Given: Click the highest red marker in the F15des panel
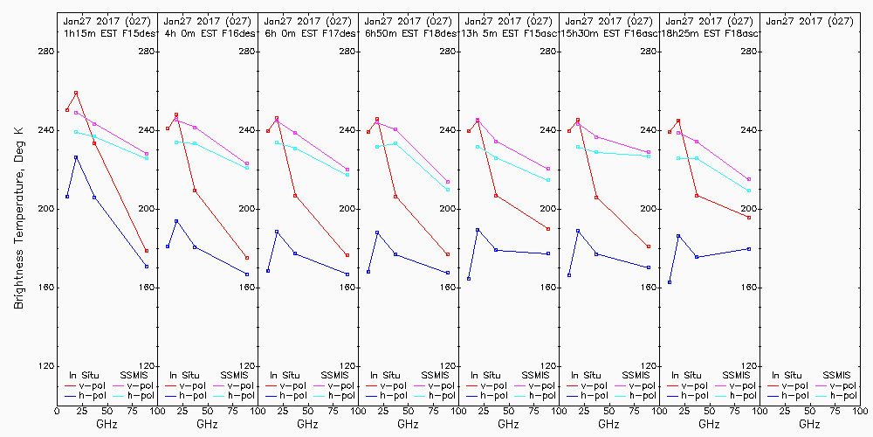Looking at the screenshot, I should [76, 93].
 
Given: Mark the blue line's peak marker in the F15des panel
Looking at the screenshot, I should [76, 157].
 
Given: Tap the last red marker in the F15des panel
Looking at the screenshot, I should [147, 251].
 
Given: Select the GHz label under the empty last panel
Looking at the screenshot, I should [809, 424].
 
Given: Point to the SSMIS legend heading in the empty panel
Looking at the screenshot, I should [836, 375].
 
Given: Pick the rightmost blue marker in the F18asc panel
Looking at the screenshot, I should [749, 249].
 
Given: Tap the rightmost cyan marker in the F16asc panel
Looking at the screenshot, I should [649, 156].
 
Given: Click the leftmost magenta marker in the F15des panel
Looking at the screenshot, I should [76, 113].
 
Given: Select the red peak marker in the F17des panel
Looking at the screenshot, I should [277, 119].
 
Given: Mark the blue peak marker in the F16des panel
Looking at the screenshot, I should [176, 221].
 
